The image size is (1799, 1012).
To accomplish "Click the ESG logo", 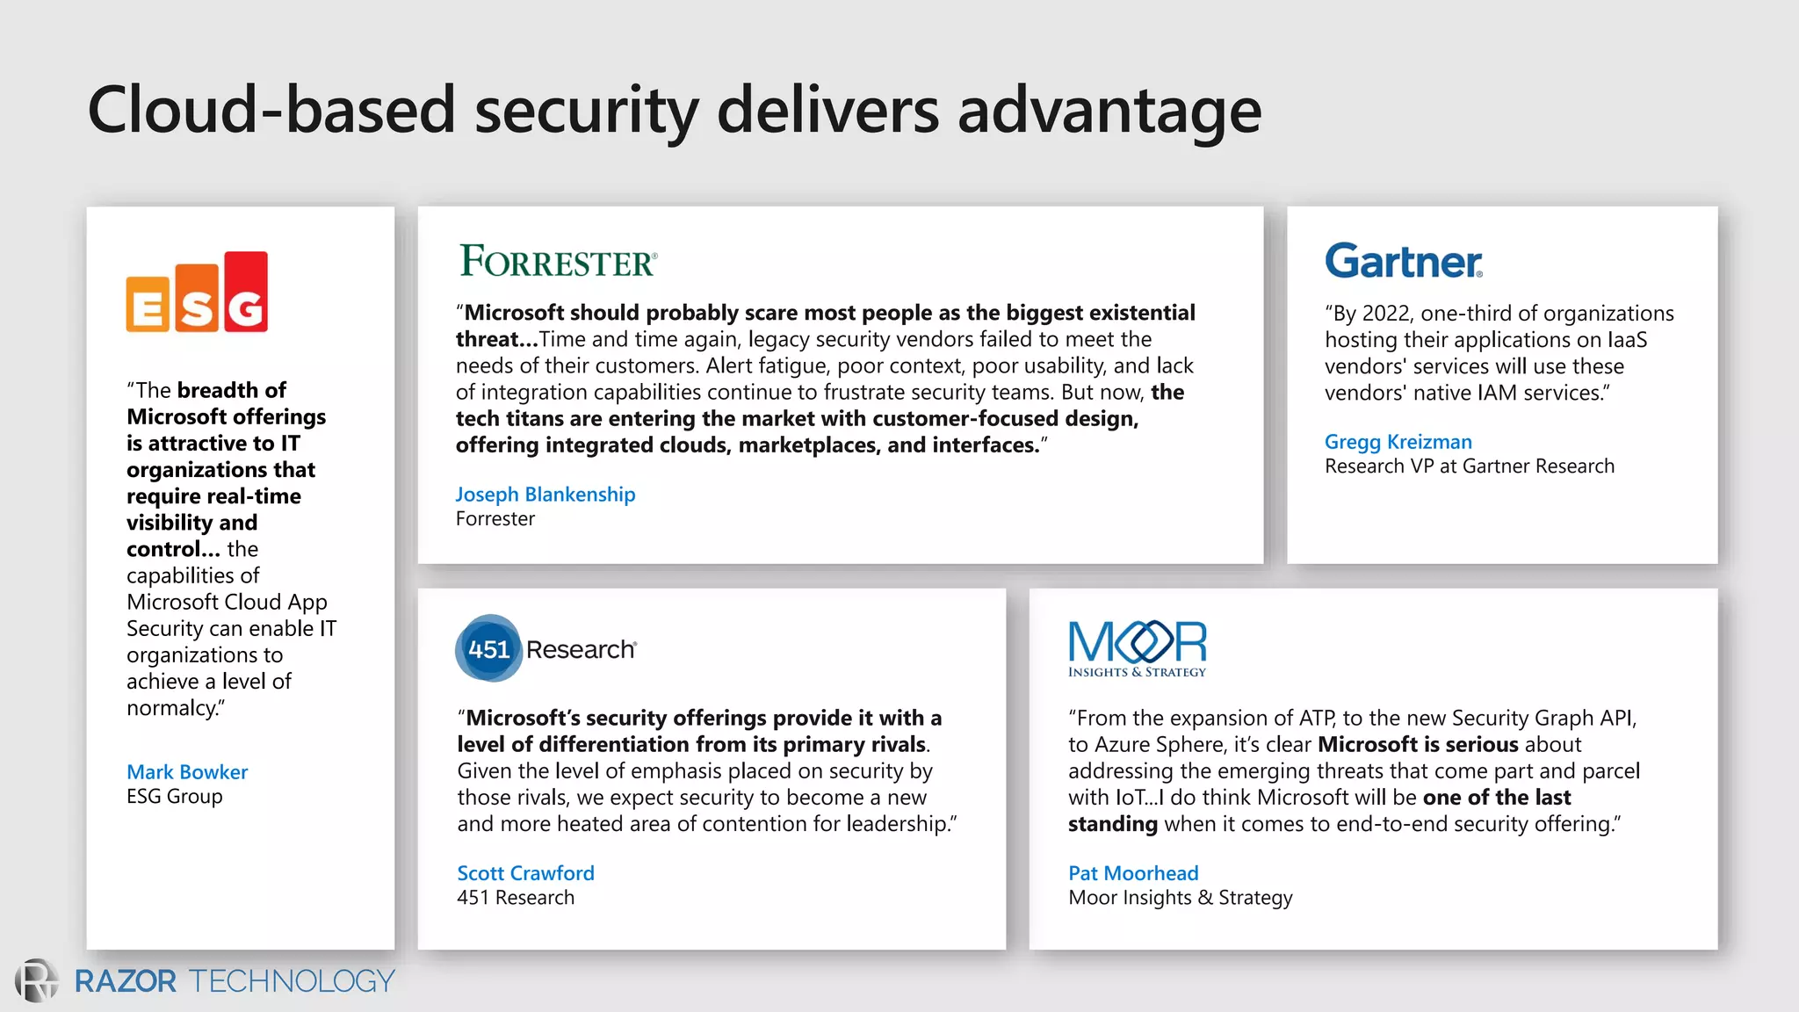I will click(197, 293).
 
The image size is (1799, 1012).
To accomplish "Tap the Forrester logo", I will click(558, 261).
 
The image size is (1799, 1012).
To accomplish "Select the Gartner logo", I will click(1403, 261).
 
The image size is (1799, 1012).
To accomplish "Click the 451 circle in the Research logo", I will click(488, 649).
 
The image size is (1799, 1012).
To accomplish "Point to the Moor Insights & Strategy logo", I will click(1137, 649).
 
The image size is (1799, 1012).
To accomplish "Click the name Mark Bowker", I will click(187, 772).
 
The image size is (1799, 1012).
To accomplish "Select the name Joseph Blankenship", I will click(545, 495).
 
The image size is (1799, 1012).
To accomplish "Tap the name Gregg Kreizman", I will click(1398, 442).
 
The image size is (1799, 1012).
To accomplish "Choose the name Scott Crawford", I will click(525, 873).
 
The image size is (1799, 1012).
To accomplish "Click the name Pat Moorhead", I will click(1133, 873).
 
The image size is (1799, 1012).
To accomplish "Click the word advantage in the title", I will click(1109, 111).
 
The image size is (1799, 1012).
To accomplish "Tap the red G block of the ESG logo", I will click(246, 293).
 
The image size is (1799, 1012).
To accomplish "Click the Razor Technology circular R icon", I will click(36, 980).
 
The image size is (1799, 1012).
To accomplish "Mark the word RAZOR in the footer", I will click(126, 981).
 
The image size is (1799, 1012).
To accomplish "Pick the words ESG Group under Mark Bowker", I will click(175, 797).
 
